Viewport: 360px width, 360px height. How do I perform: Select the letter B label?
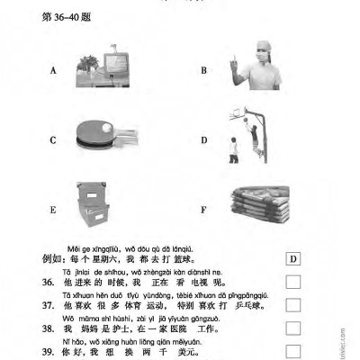tap(204, 70)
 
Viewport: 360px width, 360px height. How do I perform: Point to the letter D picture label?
tap(204, 139)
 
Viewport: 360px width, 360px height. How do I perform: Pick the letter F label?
tap(204, 211)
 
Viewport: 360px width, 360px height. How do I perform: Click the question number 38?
tap(50, 329)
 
